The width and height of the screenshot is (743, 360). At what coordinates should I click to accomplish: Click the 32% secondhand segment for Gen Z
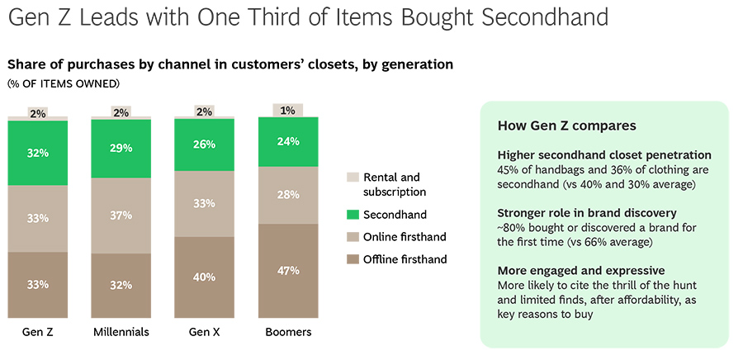pyautogui.click(x=37, y=153)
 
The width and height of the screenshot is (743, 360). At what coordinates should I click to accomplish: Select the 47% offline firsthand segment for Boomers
pyautogui.click(x=288, y=270)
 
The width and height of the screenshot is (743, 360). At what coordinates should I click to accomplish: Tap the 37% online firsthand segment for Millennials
pyautogui.click(x=121, y=215)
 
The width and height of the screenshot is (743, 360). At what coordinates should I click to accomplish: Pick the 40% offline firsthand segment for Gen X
pyautogui.click(x=205, y=277)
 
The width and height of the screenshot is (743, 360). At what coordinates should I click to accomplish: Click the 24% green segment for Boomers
pyautogui.click(x=288, y=140)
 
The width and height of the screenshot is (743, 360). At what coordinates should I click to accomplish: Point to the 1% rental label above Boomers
pyautogui.click(x=288, y=110)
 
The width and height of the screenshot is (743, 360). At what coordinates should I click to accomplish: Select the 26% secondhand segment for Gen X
pyautogui.click(x=205, y=144)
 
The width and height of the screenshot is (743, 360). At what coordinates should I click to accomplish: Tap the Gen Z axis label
pyautogui.click(x=37, y=332)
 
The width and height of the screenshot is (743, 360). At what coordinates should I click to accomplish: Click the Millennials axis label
pyautogui.click(x=121, y=332)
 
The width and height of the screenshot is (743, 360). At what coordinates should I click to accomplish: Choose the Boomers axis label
pyautogui.click(x=288, y=332)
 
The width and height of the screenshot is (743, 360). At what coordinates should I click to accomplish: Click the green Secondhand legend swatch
pyautogui.click(x=353, y=215)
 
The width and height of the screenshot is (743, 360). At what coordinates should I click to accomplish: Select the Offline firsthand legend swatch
pyautogui.click(x=353, y=259)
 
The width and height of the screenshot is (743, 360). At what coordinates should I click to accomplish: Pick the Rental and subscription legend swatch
pyautogui.click(x=353, y=178)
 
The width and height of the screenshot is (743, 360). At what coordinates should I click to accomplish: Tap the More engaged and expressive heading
pyautogui.click(x=582, y=271)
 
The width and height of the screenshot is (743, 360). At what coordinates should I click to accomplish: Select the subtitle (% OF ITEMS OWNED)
pyautogui.click(x=64, y=83)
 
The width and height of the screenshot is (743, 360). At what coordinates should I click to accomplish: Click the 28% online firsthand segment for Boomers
pyautogui.click(x=288, y=194)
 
